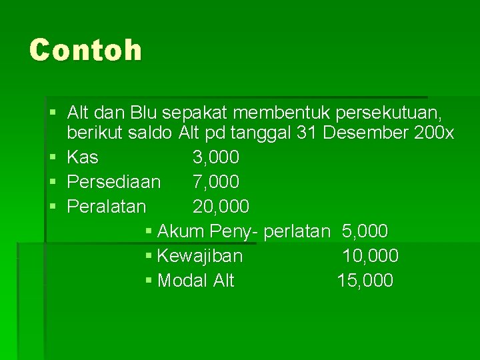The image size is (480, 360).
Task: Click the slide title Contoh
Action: (x=85, y=50)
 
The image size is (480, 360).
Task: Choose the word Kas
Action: (x=83, y=157)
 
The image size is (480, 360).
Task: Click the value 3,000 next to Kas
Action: (x=216, y=157)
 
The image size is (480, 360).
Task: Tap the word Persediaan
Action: (x=114, y=182)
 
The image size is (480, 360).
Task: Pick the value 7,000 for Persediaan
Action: (x=216, y=182)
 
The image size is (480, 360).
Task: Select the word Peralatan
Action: (x=107, y=207)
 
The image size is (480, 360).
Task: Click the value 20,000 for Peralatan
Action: (x=221, y=207)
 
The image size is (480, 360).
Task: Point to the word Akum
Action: (x=181, y=231)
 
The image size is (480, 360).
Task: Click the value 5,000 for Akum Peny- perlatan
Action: (x=365, y=231)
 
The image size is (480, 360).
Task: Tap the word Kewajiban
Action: (x=200, y=256)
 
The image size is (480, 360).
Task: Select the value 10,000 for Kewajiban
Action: (x=370, y=256)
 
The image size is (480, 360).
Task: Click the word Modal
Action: (x=182, y=281)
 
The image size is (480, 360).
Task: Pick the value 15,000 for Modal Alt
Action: (x=365, y=281)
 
